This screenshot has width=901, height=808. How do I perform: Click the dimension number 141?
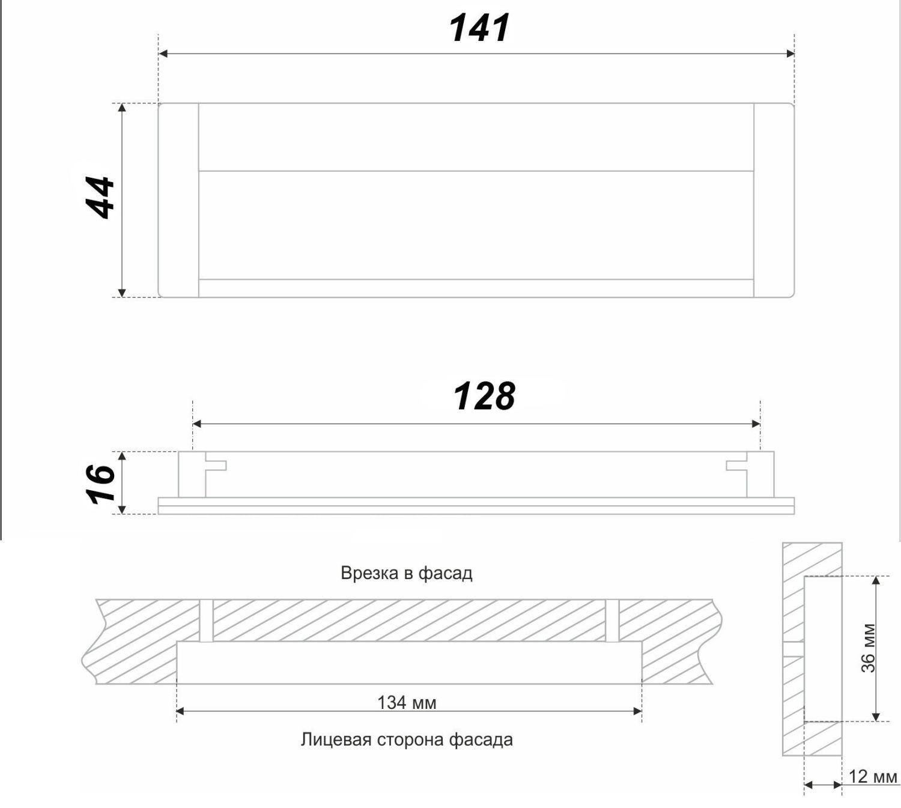tap(479, 28)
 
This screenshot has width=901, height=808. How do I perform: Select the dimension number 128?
tap(484, 396)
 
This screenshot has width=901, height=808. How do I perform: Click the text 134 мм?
tap(407, 702)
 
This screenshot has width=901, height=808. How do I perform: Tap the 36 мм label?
tap(869, 648)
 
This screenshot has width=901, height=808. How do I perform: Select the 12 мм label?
tap(872, 777)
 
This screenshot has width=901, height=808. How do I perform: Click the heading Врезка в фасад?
tap(406, 573)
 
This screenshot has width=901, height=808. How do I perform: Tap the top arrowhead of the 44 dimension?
tap(122, 108)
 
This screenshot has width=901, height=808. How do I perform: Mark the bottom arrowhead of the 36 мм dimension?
tap(876, 716)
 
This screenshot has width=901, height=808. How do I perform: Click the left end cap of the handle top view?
tap(178, 200)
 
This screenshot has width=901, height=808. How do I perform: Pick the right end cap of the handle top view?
tap(774, 200)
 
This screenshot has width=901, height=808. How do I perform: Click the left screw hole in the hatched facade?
tap(206, 620)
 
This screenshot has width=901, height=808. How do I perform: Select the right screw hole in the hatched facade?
tap(612, 620)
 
